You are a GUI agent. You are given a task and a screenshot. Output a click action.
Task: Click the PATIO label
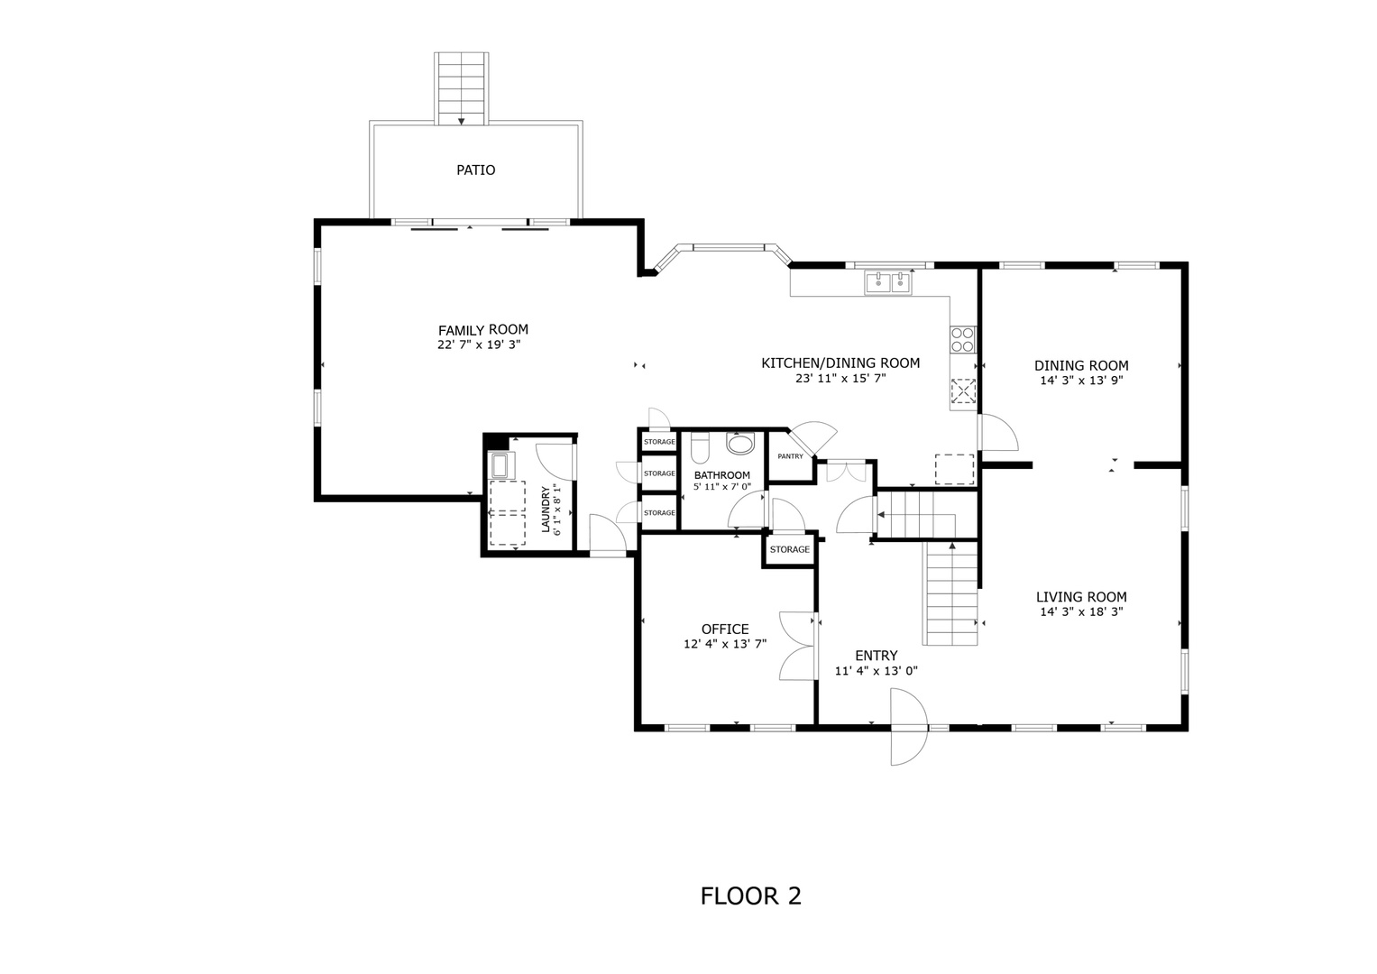(475, 170)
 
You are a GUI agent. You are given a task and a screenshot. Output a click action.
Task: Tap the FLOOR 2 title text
(750, 896)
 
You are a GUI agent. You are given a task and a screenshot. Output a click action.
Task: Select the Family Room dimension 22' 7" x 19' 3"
(479, 345)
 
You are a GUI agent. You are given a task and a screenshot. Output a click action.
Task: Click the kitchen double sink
(888, 282)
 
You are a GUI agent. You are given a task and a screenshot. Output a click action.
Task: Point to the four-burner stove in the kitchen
(962, 339)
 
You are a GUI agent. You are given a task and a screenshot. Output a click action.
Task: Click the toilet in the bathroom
(701, 448)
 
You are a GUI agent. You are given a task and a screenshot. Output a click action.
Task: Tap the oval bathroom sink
(740, 445)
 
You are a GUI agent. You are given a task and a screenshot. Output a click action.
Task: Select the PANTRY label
(790, 456)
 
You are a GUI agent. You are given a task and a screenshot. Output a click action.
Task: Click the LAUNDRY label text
(546, 510)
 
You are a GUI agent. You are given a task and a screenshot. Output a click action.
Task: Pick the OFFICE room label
(725, 629)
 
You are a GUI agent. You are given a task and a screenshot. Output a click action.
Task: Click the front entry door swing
(908, 727)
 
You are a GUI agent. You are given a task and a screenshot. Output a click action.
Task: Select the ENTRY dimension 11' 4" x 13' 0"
(876, 671)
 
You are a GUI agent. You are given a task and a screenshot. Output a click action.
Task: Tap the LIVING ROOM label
(1080, 597)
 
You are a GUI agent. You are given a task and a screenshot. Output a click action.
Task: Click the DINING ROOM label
(1080, 366)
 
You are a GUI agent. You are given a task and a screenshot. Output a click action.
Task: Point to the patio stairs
(462, 87)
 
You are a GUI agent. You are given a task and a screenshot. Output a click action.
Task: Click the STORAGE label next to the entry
(789, 550)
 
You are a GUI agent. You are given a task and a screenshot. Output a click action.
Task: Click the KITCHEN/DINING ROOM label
(840, 363)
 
